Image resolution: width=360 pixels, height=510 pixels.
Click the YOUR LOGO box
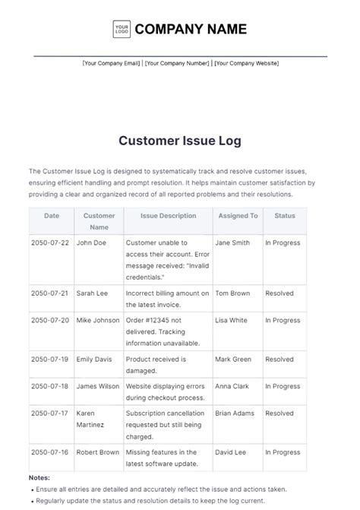[122, 30]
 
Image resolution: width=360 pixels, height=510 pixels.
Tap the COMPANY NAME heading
[191, 30]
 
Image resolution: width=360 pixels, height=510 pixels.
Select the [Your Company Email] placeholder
[112, 63]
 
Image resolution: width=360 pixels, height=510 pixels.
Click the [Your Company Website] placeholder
[246, 63]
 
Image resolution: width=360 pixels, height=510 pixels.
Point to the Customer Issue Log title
[180, 141]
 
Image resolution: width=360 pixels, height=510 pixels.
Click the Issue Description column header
[168, 216]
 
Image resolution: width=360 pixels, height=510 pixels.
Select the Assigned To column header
[238, 216]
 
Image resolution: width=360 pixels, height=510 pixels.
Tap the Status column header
[285, 216]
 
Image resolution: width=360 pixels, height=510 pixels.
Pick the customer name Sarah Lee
[91, 293]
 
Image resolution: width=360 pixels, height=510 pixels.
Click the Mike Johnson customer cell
[98, 321]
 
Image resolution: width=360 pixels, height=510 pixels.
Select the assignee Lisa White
[231, 321]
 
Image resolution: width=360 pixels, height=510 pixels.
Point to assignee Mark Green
[232, 360]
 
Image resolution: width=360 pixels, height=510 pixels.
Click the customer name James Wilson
[97, 386]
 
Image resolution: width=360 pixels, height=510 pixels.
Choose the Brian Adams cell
[235, 413]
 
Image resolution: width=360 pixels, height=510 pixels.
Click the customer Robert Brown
[97, 452]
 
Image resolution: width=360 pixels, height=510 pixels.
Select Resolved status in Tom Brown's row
[279, 293]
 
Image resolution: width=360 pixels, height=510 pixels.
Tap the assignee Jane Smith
[232, 243]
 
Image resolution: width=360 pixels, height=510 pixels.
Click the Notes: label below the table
[39, 477]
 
